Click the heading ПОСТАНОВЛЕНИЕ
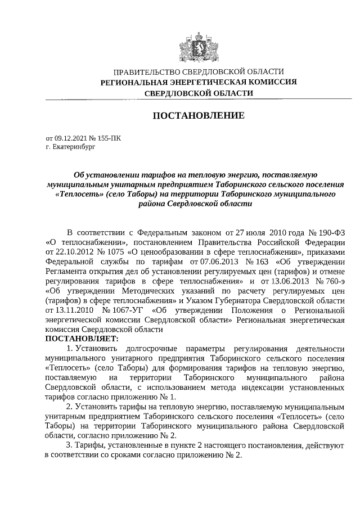pyautogui.click(x=199, y=116)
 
